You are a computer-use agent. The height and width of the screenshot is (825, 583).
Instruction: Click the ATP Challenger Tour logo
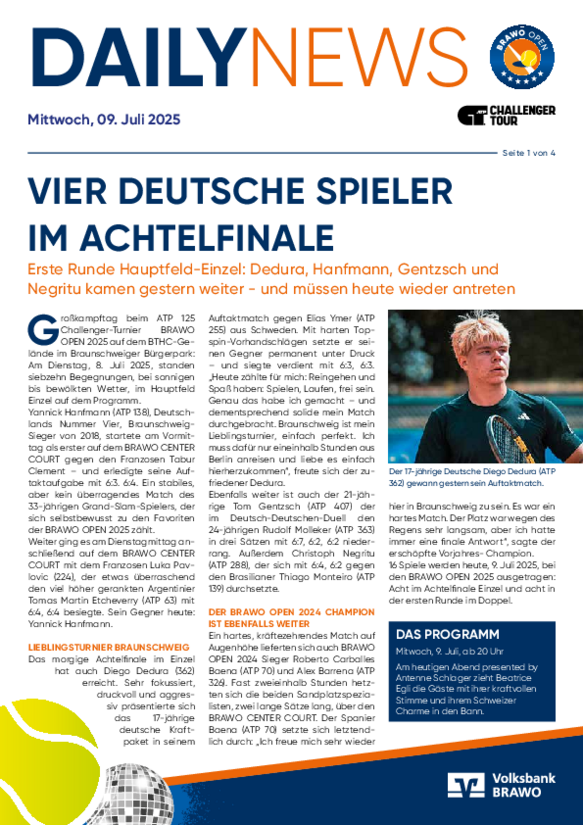coord(506,115)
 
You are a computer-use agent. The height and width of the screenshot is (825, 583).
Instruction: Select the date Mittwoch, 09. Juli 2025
coord(104,119)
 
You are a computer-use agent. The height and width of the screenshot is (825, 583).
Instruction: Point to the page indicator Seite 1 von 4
coord(528,153)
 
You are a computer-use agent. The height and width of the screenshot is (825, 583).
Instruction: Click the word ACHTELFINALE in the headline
coord(207,238)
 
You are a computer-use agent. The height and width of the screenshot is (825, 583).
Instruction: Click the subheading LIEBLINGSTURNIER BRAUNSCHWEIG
coord(109,647)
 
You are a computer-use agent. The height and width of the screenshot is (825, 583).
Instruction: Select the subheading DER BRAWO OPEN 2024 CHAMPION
coord(291,612)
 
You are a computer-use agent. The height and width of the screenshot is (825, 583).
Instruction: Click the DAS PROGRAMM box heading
coord(447,634)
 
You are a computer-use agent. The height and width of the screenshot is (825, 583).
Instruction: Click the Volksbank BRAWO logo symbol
coord(465,785)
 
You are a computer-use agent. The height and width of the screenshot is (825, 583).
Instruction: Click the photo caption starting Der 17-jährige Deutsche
coord(472,477)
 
